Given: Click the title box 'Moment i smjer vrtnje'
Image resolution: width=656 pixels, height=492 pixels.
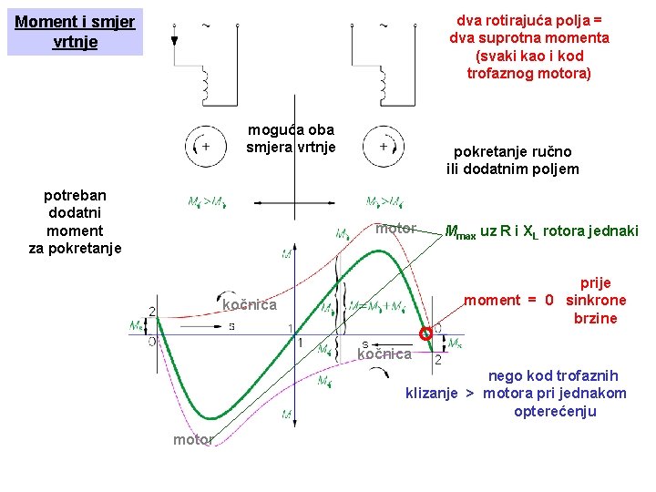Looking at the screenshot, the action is click(75, 32).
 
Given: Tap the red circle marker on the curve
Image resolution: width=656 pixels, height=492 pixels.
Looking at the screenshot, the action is click(425, 334).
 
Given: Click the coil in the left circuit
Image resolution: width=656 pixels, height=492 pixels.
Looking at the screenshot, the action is click(207, 85).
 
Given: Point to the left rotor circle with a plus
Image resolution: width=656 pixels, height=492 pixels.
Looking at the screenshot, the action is click(205, 146).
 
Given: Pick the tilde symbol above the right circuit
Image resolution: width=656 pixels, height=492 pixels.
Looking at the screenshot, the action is click(383, 23).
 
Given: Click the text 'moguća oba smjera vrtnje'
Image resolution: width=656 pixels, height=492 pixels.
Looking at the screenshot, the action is click(291, 138).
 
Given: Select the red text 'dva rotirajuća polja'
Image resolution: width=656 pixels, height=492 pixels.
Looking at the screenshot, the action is click(528, 18).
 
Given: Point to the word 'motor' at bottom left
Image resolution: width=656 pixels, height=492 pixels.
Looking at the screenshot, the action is click(192, 440).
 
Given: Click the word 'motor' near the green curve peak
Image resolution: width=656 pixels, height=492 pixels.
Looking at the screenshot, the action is click(395, 229).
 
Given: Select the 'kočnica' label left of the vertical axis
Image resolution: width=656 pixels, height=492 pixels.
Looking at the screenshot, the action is click(249, 305).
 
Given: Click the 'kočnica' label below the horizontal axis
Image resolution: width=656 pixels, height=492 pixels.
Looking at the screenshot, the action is click(384, 354).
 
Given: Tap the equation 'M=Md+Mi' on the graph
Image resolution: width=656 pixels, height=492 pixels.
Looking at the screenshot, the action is click(382, 307).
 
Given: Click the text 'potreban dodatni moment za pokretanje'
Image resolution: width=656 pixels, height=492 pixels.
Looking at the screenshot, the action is click(75, 221).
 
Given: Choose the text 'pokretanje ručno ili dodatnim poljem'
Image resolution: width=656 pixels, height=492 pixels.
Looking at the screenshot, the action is click(513, 161).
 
